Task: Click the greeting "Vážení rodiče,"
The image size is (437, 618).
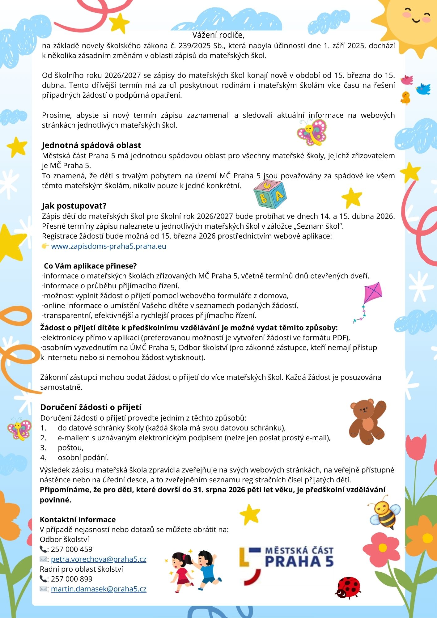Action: tap(218, 35)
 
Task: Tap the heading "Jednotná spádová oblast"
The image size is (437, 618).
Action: tap(91, 145)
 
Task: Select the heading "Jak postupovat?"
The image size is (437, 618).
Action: tap(74, 206)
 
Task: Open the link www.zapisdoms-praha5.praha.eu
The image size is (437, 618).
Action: tap(108, 246)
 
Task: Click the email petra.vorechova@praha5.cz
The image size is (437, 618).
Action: tap(99, 559)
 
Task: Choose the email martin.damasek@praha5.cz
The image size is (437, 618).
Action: tap(99, 589)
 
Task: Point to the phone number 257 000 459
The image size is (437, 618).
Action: tap(72, 549)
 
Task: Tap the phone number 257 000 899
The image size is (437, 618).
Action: tap(72, 579)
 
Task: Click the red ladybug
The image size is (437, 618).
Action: tap(348, 587)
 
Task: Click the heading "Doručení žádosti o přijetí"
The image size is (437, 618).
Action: tap(91, 407)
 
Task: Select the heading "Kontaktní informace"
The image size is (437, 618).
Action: tap(78, 520)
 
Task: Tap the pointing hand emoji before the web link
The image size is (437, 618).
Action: tap(45, 246)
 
